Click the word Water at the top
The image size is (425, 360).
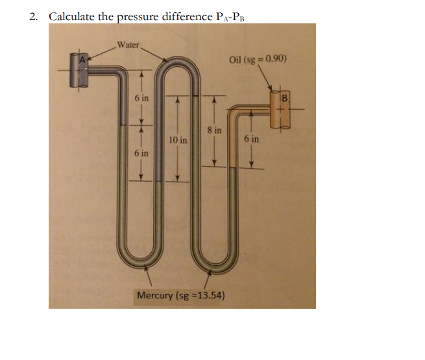[x=128, y=45]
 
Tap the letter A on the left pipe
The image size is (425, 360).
[x=82, y=60]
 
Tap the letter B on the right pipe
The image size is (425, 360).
[x=284, y=98]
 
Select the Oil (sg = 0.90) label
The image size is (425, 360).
[x=258, y=60]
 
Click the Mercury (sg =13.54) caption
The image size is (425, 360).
[x=181, y=295]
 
